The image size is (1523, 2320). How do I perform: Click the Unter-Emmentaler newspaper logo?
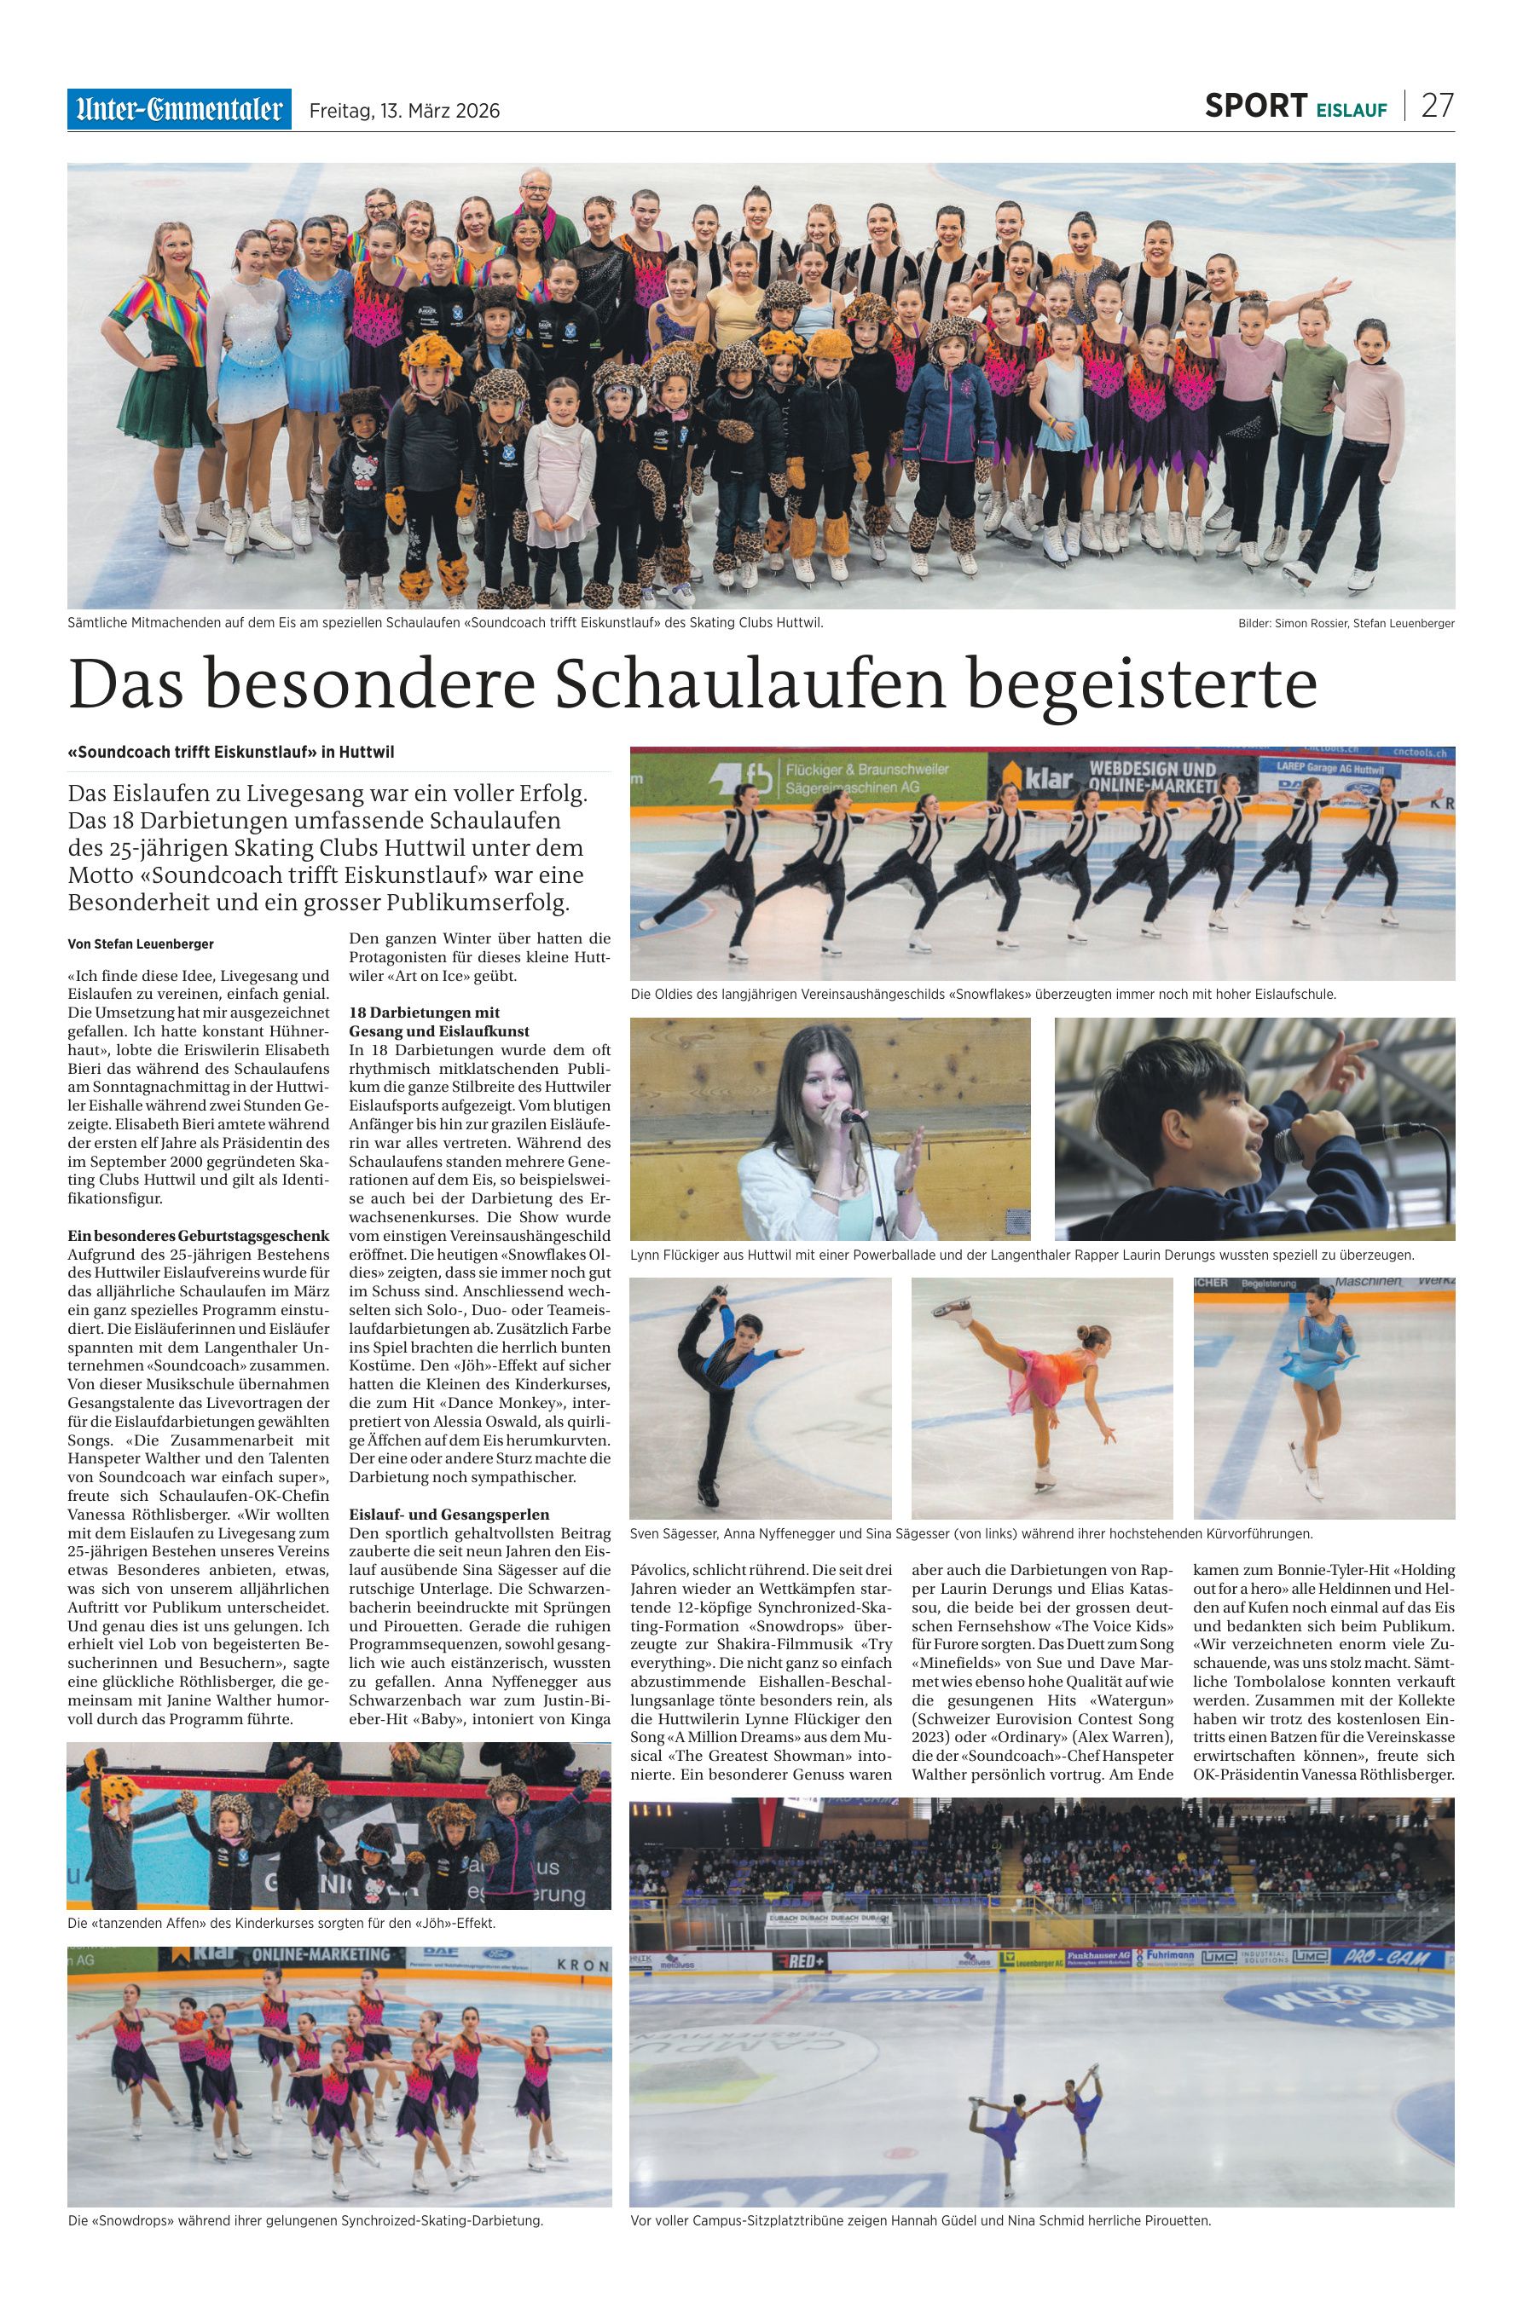tap(178, 109)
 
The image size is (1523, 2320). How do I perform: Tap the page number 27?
tap(1437, 107)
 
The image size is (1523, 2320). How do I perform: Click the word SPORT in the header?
tap(1255, 107)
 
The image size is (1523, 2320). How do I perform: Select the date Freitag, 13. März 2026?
tap(403, 111)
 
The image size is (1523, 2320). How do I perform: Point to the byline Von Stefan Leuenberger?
tap(141, 944)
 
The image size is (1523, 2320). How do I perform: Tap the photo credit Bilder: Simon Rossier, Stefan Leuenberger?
tap(1339, 623)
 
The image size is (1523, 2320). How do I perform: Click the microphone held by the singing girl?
tap(850, 1115)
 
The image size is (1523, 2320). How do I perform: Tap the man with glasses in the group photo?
tap(532, 211)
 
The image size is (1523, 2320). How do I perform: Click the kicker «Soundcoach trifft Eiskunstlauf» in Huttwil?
tap(231, 753)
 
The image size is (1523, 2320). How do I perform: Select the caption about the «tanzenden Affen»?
tap(281, 1924)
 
